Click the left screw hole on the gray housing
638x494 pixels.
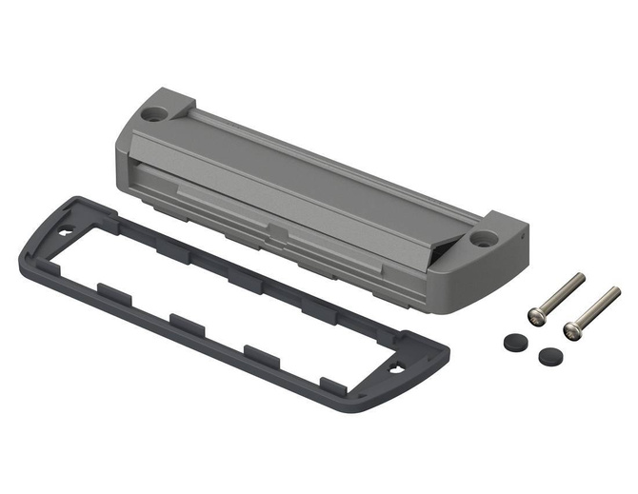pyautogui.click(x=153, y=113)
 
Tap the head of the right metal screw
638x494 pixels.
pyautogui.click(x=571, y=329)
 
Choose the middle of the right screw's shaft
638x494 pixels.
pyautogui.click(x=594, y=308)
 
